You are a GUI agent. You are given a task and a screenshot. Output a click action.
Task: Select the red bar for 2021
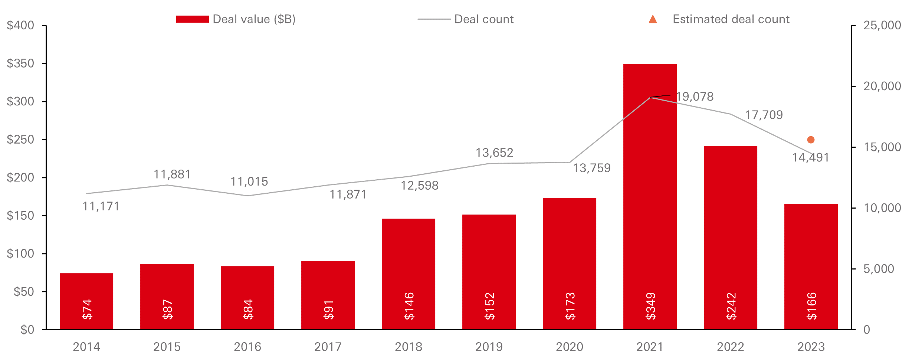coord(650,197)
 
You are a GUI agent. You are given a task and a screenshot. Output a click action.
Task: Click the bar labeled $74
coord(86,301)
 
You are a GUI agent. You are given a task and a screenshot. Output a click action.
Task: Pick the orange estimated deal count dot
coord(811,140)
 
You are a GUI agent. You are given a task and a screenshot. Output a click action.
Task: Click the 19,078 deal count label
coord(695,97)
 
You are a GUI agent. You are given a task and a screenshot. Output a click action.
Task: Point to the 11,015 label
coord(249,182)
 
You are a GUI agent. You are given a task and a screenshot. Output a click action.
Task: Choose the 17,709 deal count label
coord(764,115)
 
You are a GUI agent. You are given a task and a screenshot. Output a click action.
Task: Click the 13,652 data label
coord(494,153)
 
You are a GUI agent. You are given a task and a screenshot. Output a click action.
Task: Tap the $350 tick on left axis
coord(20,63)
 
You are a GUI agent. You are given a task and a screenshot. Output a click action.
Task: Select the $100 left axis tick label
coord(20,254)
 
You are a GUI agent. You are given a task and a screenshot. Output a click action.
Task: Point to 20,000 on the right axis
coord(882,86)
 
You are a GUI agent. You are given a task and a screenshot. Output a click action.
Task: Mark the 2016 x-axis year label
coord(247,347)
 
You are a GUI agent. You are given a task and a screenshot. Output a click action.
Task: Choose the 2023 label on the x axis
coord(811,347)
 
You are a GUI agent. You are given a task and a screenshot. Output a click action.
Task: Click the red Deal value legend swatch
coord(192,19)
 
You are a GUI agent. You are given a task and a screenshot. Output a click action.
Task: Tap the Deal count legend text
coord(484,19)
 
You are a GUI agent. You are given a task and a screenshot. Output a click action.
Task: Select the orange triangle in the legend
coord(653,19)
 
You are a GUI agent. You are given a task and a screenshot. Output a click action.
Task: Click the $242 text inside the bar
coord(731,306)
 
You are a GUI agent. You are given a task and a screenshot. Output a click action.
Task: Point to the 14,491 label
coord(810,158)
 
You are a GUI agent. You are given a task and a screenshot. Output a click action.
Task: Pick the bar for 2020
coord(569,264)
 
